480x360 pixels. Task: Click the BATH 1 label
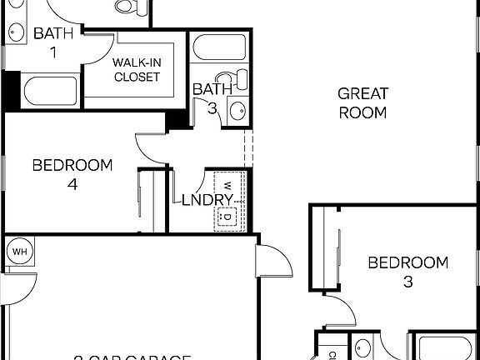tap(53, 42)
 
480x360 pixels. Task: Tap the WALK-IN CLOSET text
tap(137, 71)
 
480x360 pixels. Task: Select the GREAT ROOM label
tap(363, 102)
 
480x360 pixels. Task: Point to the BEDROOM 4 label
tap(72, 174)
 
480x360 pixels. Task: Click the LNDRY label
tap(202, 200)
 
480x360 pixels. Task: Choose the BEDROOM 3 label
tap(407, 272)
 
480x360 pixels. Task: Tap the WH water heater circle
tap(18, 250)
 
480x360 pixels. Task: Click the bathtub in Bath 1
tap(51, 91)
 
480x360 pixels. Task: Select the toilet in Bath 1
tap(128, 7)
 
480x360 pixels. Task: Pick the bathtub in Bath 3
tap(218, 47)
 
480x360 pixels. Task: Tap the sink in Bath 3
tap(237, 110)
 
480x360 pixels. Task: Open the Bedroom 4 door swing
tap(150, 146)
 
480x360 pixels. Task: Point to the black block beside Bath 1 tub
tap(11, 88)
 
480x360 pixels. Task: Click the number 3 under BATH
tap(213, 106)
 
